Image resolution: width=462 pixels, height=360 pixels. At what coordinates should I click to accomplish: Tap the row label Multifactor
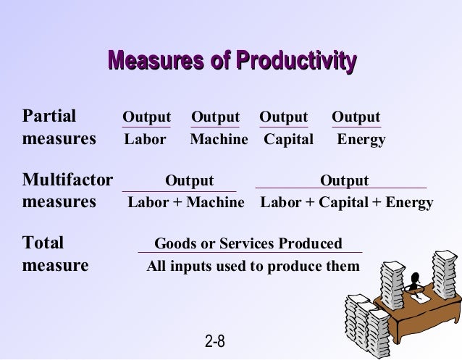(67, 180)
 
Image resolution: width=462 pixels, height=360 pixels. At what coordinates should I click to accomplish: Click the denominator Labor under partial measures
(145, 139)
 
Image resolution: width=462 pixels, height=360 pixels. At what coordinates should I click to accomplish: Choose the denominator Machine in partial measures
(219, 139)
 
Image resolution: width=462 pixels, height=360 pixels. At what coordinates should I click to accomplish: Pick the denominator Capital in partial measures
(288, 139)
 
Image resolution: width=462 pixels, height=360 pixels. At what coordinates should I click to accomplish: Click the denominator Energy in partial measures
(361, 139)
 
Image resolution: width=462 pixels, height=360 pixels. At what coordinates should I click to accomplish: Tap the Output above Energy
(356, 117)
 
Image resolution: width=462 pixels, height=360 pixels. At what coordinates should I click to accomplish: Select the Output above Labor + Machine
(190, 180)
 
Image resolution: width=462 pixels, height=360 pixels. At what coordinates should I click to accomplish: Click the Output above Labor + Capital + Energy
(344, 180)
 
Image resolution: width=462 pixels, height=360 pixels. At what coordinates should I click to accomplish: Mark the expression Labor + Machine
(186, 203)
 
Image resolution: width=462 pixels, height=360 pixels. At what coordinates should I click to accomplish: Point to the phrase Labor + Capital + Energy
(347, 203)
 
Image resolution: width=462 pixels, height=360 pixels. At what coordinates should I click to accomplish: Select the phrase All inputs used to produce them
(253, 267)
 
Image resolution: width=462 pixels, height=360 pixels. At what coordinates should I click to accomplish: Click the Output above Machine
(215, 117)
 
